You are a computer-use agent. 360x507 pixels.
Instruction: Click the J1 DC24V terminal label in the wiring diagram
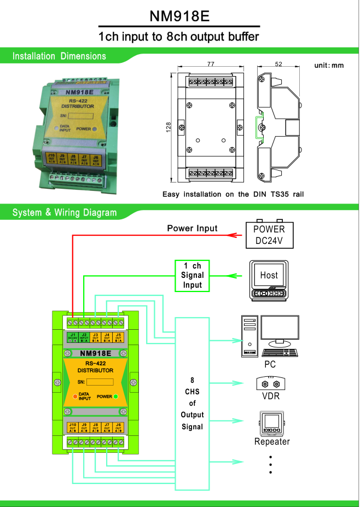(x=73, y=336)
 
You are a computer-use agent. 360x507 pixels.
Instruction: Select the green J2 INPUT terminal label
(x=84, y=336)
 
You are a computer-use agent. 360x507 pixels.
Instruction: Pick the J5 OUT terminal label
(x=119, y=336)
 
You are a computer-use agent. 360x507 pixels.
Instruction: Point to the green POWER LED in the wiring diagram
(x=116, y=396)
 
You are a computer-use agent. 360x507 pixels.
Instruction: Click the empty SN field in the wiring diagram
(x=100, y=382)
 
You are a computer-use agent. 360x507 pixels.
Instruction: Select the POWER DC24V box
(x=269, y=235)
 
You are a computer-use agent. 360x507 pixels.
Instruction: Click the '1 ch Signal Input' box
(x=193, y=275)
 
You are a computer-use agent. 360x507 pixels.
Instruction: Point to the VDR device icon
(x=269, y=382)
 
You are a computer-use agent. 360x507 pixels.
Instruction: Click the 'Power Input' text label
(x=192, y=228)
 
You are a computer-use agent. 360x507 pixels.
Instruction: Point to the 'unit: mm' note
(x=329, y=65)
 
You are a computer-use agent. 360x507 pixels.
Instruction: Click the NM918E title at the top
(x=179, y=16)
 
